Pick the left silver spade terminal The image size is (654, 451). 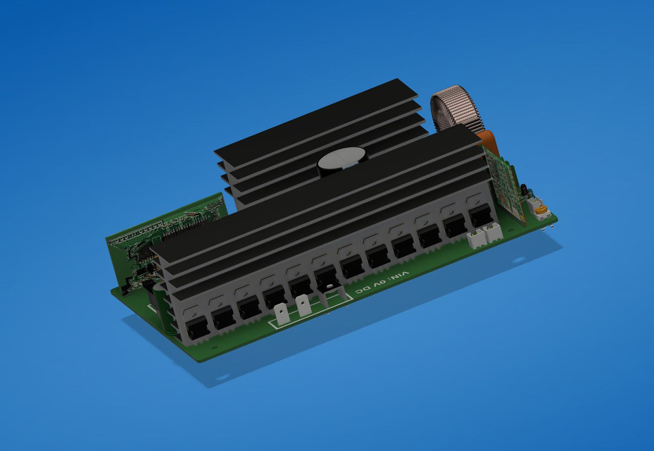282,313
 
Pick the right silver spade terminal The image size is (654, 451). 303,306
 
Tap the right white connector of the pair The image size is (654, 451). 494,232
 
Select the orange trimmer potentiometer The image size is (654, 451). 540,209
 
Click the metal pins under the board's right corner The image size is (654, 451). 545,228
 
